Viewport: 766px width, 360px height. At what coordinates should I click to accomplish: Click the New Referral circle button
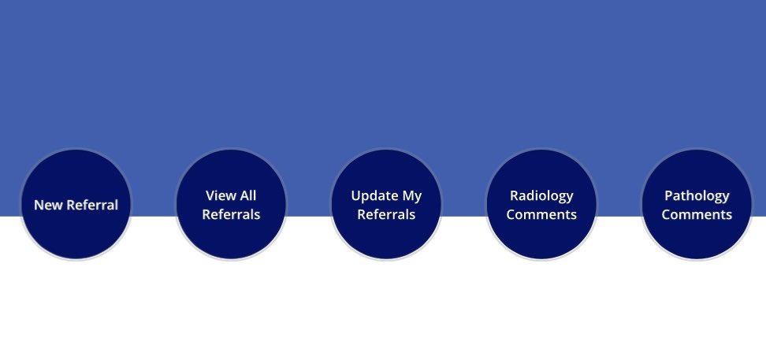click(76, 204)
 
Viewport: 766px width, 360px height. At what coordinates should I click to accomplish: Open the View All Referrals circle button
click(231, 204)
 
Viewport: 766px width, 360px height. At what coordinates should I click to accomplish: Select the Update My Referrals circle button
click(386, 204)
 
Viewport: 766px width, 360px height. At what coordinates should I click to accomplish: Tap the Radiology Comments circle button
click(541, 204)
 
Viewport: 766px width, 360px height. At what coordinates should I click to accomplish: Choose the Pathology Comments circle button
click(697, 204)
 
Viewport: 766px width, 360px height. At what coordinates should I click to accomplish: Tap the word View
click(218, 195)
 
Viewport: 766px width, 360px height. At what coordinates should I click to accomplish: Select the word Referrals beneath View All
click(231, 214)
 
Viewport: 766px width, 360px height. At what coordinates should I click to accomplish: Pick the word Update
click(374, 196)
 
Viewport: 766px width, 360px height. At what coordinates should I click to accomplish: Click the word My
click(412, 197)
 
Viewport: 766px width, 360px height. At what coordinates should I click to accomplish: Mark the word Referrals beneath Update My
click(386, 214)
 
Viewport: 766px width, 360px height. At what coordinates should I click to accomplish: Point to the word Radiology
click(541, 196)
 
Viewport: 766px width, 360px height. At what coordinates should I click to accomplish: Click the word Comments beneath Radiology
click(541, 214)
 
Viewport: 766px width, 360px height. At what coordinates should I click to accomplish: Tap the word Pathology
click(697, 196)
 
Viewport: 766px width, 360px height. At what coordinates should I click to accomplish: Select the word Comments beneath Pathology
click(697, 214)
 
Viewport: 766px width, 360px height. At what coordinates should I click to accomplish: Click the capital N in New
click(39, 205)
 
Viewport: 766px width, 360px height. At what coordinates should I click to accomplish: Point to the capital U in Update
click(356, 196)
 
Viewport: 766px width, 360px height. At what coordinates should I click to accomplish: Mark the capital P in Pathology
click(669, 195)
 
